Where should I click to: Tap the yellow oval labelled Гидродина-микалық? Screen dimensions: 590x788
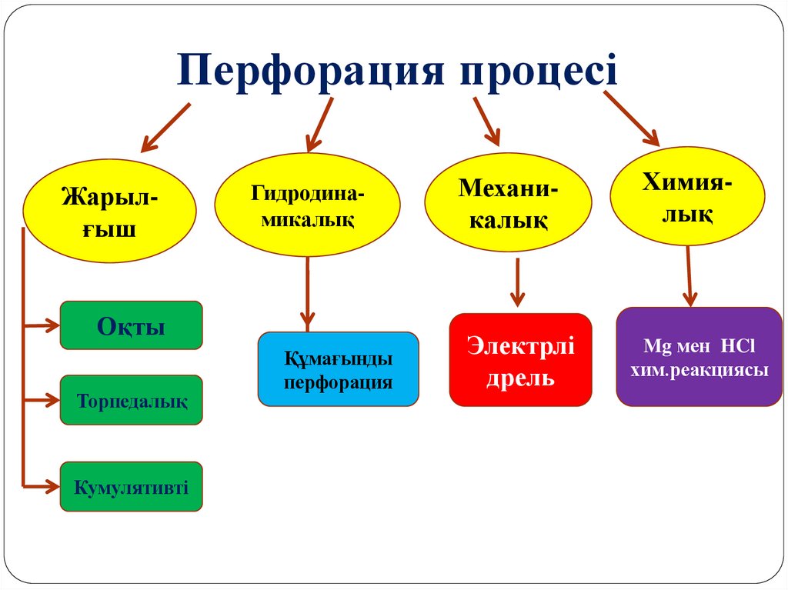pyautogui.click(x=307, y=205)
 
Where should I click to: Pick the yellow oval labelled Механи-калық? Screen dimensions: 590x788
pyautogui.click(x=509, y=203)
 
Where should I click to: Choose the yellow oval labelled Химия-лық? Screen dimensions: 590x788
pyautogui.click(x=687, y=196)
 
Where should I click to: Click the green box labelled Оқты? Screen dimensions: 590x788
pyautogui.click(x=131, y=325)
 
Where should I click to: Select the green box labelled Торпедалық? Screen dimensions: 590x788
pyautogui.click(x=131, y=400)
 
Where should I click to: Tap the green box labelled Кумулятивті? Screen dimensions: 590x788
pyautogui.click(x=131, y=487)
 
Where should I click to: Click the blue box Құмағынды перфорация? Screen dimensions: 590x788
pyautogui.click(x=339, y=369)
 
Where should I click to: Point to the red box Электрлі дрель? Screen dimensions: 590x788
pyautogui.click(x=520, y=359)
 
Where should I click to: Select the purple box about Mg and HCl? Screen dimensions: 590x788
pyautogui.click(x=699, y=356)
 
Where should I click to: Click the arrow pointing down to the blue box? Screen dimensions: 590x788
pyautogui.click(x=308, y=296)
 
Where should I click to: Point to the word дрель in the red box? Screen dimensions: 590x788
pyautogui.click(x=520, y=378)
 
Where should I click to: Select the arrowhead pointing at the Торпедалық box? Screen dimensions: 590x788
pyautogui.click(x=52, y=400)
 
